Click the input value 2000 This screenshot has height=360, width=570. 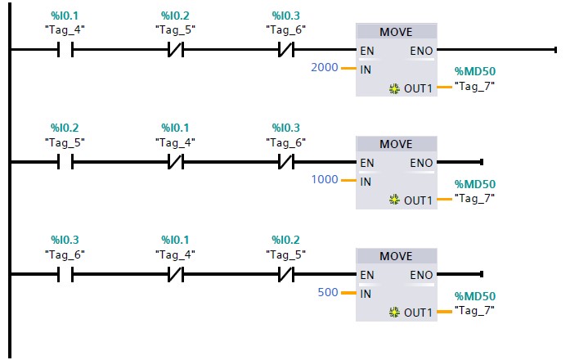(x=324, y=69)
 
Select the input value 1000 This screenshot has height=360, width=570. (x=324, y=180)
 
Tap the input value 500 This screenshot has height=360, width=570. (x=327, y=292)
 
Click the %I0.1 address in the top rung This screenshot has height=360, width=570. (x=64, y=16)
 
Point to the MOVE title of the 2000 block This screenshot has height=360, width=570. (x=396, y=32)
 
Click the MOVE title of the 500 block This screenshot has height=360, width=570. (x=396, y=256)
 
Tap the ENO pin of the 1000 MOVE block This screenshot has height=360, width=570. (x=421, y=163)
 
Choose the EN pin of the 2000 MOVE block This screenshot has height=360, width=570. (x=367, y=51)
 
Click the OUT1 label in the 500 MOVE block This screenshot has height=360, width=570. (x=417, y=312)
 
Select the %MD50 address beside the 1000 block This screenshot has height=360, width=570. (x=474, y=184)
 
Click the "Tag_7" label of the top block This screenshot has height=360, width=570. (x=474, y=85)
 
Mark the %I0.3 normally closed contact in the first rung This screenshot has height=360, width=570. (x=286, y=51)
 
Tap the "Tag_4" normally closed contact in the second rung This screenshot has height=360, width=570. (x=175, y=163)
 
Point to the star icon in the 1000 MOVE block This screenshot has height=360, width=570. (x=395, y=200)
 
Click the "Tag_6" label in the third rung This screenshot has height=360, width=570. (x=64, y=254)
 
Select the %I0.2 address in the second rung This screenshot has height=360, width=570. (x=64, y=128)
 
